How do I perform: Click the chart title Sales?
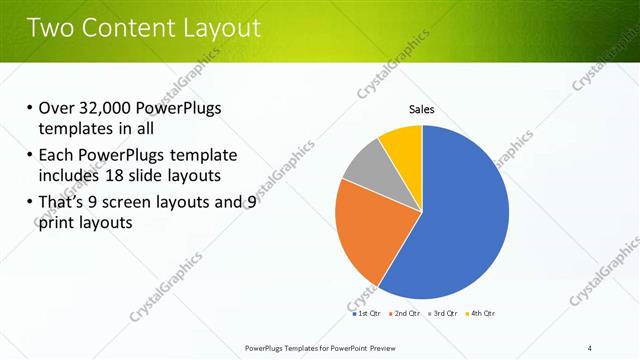421,109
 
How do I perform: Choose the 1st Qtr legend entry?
366,313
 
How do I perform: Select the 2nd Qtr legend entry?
405,313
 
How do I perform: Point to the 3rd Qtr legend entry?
444,313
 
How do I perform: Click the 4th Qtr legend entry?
482,313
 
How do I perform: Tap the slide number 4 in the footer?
590,347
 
